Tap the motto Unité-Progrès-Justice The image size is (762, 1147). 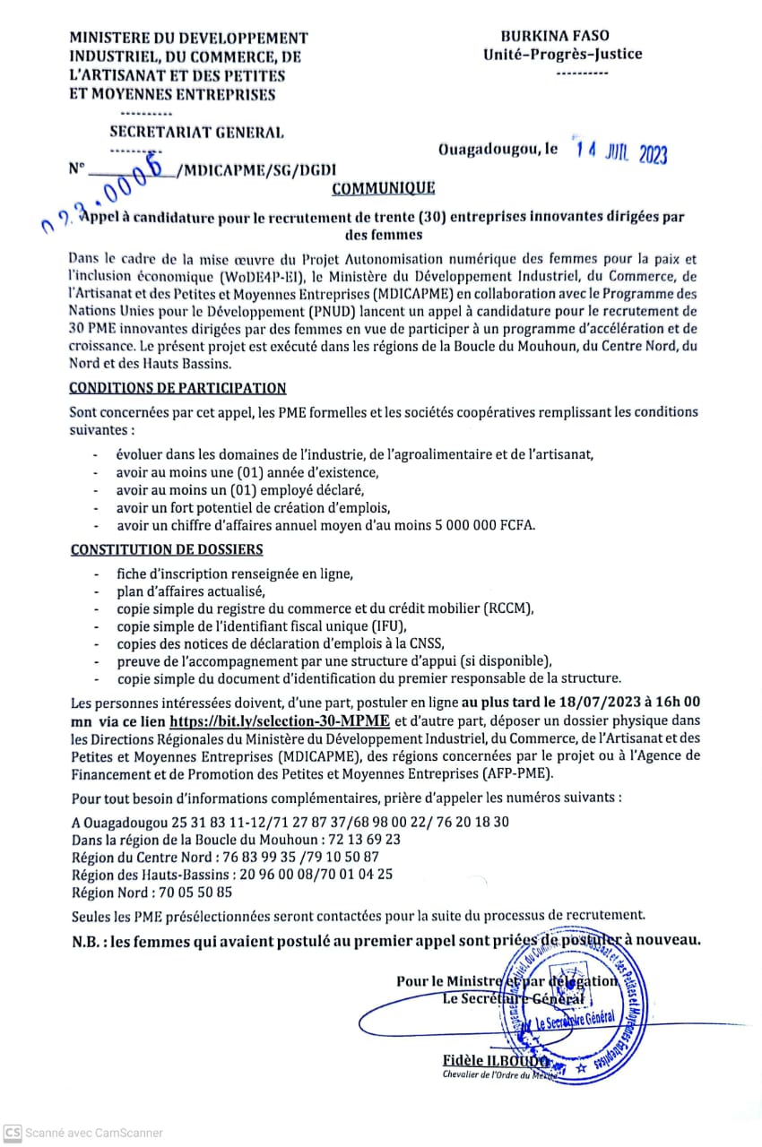coord(562,54)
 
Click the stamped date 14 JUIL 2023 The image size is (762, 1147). coord(622,153)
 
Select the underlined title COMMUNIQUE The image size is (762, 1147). coord(383,188)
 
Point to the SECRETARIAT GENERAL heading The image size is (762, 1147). coord(196,132)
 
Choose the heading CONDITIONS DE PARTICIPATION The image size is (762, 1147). coord(178,388)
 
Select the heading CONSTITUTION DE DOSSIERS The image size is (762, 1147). coord(166,549)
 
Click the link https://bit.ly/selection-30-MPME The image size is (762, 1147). coord(280,720)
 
